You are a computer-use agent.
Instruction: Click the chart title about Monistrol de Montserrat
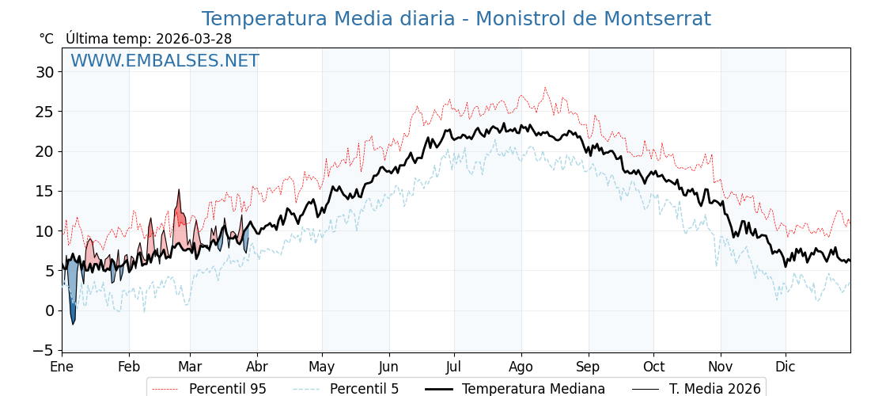click(456, 19)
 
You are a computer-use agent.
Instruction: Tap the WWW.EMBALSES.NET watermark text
click(165, 61)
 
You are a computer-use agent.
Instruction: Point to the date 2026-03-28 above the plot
click(194, 39)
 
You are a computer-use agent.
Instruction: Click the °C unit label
click(47, 39)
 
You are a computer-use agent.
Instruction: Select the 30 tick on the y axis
click(44, 72)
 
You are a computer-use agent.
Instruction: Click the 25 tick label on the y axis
click(44, 112)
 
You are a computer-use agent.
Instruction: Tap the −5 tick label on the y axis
click(41, 350)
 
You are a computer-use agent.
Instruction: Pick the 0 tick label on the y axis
click(49, 310)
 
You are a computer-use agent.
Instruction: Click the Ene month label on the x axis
click(62, 367)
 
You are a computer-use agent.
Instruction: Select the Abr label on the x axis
click(257, 367)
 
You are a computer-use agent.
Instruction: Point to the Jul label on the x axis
click(454, 367)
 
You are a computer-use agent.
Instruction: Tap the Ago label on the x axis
click(521, 367)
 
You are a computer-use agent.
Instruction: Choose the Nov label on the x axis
click(720, 367)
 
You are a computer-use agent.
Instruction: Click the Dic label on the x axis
click(786, 367)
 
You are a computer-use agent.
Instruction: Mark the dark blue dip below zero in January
click(73, 313)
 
